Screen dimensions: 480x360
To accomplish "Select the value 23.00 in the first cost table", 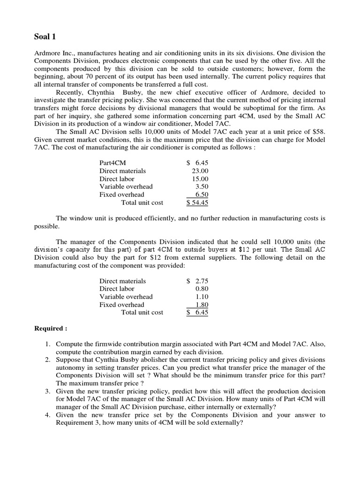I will (201, 171).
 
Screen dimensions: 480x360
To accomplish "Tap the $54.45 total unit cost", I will (197, 202).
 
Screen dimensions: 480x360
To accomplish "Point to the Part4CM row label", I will (112, 163).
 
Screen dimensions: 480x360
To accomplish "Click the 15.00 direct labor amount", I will (201, 179).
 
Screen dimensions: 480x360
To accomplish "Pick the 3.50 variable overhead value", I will (202, 187).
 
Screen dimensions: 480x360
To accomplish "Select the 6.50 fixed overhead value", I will (202, 195).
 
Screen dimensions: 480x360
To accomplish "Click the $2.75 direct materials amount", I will (198, 281).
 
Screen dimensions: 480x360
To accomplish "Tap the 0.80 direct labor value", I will (202, 289).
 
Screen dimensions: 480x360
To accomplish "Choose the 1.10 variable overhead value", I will (202, 297).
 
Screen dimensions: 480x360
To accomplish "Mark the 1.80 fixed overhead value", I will (202, 305).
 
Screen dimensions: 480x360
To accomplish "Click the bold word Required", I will (49, 328).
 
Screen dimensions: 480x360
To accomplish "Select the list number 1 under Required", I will (48, 344).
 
